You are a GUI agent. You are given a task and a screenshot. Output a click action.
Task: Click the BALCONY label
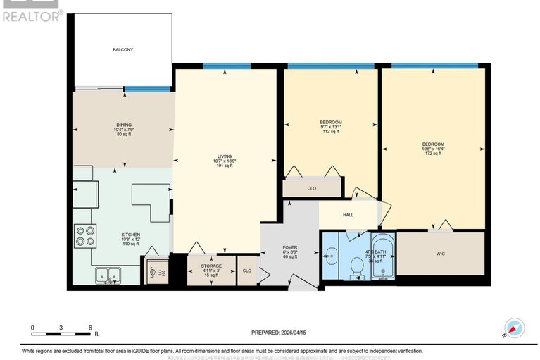coord(123,50)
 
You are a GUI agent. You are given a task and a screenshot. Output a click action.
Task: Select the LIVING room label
coord(225,156)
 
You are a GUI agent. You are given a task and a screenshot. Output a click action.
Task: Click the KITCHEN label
coord(130,235)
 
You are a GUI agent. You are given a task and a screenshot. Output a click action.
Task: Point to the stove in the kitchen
coord(85,235)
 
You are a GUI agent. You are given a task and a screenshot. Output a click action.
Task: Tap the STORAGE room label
coord(212,266)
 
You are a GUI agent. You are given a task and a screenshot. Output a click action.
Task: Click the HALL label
coord(348,215)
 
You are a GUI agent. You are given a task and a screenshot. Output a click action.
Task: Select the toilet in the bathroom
coord(357,266)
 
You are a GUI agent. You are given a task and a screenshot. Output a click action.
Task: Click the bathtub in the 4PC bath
coord(383,256)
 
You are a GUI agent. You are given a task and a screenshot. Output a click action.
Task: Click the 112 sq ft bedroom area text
coord(331,132)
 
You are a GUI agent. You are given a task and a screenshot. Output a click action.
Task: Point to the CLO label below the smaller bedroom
coord(311,188)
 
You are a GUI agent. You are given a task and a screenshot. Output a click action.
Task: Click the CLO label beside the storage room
coord(246,271)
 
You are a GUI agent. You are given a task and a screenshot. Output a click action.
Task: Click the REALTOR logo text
coord(32,14)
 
